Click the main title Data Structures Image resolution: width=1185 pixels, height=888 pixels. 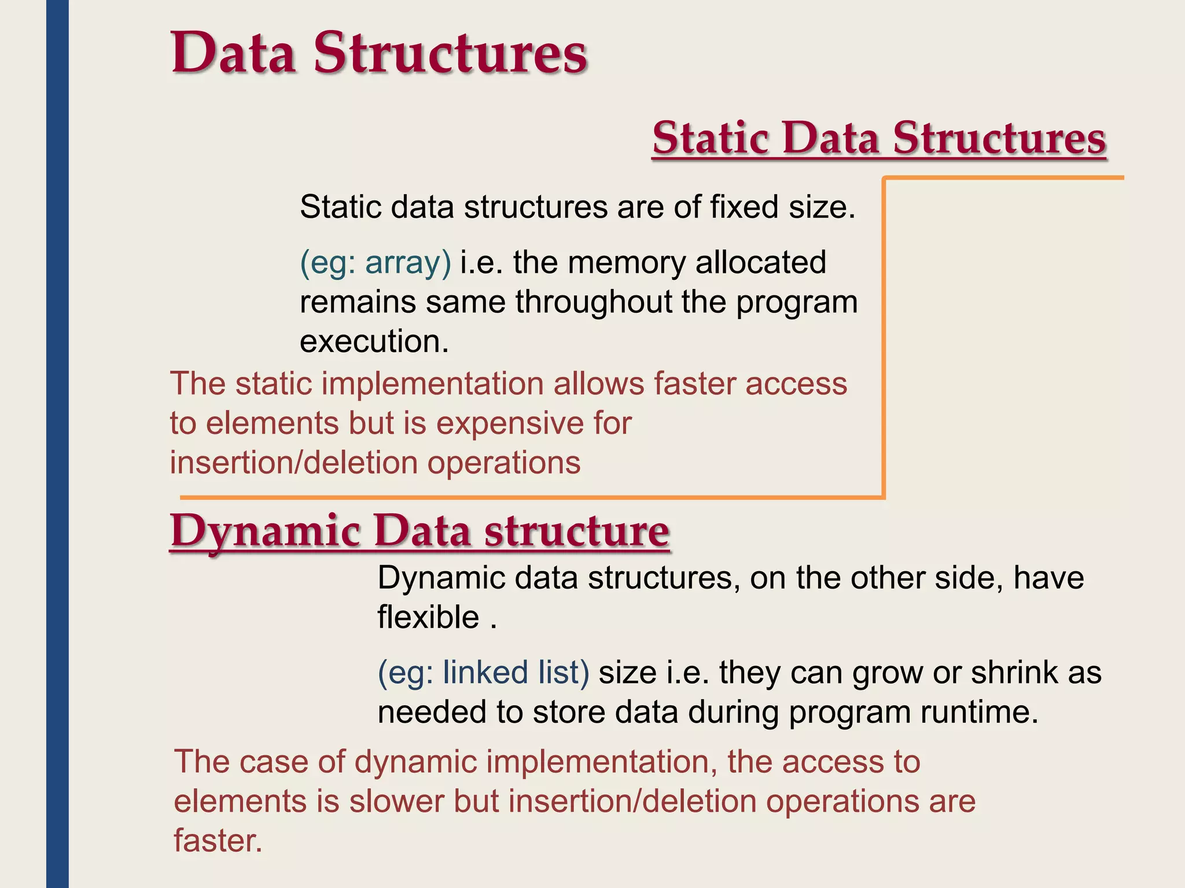click(379, 53)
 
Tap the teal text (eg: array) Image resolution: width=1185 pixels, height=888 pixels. click(375, 262)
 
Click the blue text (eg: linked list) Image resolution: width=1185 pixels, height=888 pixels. click(483, 672)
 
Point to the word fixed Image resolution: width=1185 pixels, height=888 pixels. click(744, 207)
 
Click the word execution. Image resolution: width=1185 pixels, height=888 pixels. click(374, 341)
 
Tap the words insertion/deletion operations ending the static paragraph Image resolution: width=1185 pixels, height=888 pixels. click(375, 463)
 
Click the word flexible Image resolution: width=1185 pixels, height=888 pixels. click(428, 617)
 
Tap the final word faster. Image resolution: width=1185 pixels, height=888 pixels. click(218, 841)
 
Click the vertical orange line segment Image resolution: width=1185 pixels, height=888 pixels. click(884, 335)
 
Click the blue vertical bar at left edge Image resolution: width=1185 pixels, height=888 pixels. click(57, 444)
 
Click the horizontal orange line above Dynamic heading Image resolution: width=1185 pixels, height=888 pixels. click(521, 497)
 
